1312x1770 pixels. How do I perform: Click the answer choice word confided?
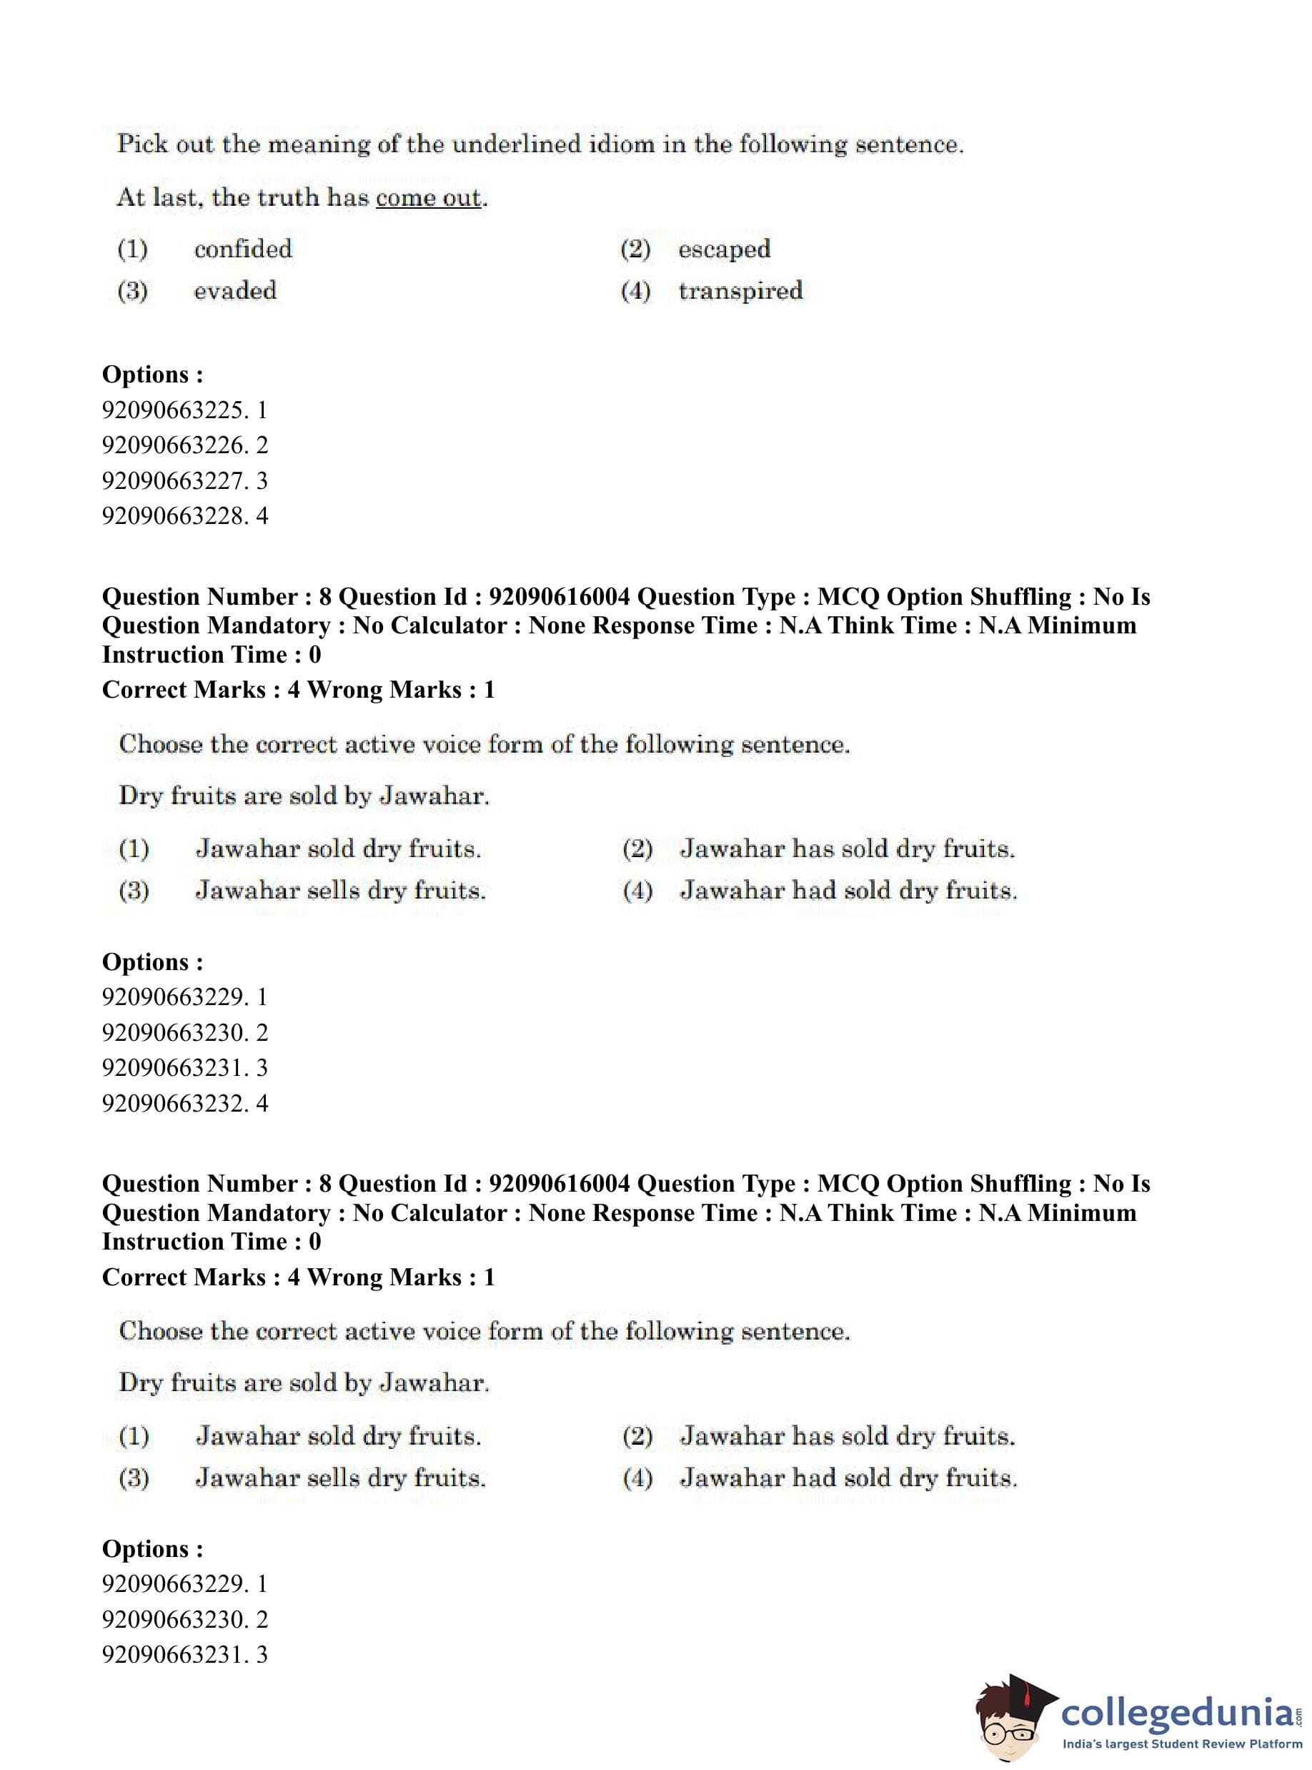tap(243, 249)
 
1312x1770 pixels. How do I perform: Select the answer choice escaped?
tap(723, 249)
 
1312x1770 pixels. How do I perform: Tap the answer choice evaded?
tap(235, 291)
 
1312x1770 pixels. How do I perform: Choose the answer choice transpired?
tap(740, 291)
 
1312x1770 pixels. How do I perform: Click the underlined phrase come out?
tap(429, 198)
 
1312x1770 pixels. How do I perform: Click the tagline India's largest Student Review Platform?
tap(1182, 1744)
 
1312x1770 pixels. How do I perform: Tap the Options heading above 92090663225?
tap(152, 374)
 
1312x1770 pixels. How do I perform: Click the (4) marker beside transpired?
tap(635, 292)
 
